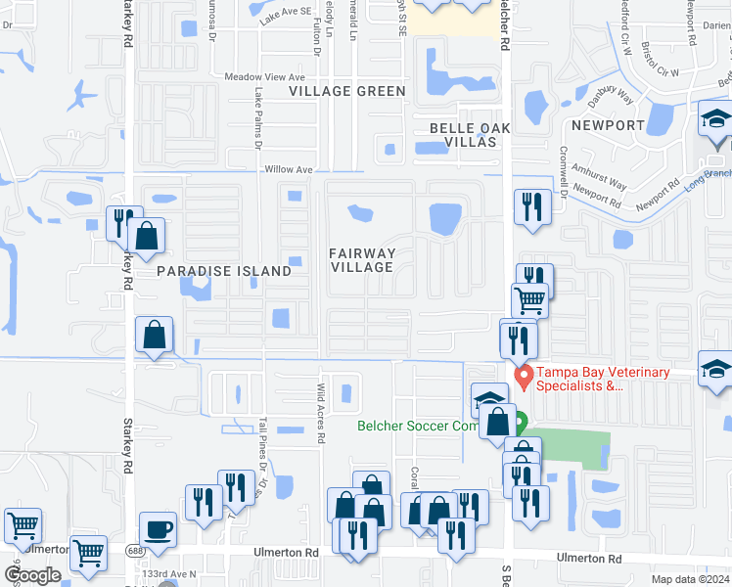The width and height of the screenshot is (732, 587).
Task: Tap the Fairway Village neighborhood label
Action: [362, 260]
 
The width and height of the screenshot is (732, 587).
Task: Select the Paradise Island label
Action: [224, 271]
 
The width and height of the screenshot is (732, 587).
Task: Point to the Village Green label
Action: [346, 91]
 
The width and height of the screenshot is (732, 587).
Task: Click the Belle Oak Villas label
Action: [464, 135]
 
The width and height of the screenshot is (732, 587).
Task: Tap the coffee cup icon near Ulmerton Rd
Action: [158, 529]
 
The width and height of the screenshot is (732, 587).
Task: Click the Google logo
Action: [32, 574]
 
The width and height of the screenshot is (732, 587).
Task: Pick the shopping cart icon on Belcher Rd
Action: [529, 300]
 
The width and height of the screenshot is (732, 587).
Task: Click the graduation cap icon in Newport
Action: [716, 120]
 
